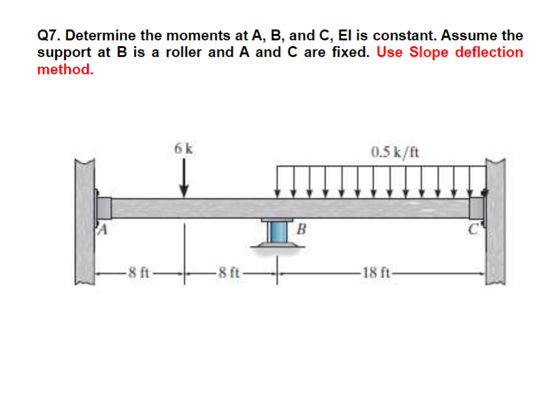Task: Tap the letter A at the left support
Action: click(x=101, y=228)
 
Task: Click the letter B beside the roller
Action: click(x=302, y=228)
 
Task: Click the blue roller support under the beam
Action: click(x=277, y=232)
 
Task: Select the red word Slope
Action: click(x=429, y=52)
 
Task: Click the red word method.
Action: click(x=65, y=69)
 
